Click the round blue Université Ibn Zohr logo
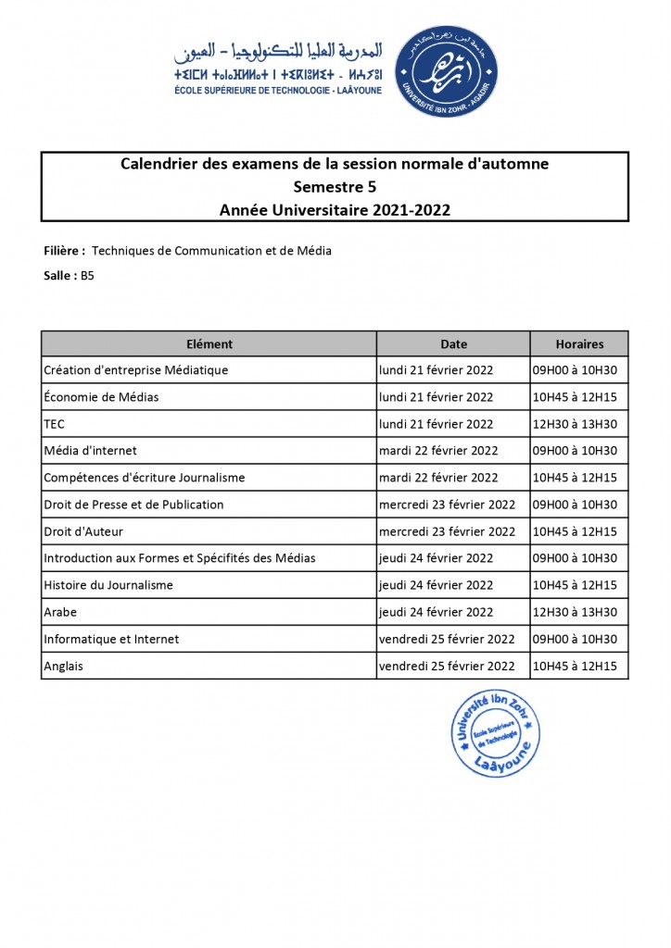coord(446,71)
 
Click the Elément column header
coord(209,343)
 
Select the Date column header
coord(453,343)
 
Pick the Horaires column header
coord(579,343)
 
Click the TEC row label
coord(54,424)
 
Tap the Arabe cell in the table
coord(60,612)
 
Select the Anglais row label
coord(64,666)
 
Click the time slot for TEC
coord(574,424)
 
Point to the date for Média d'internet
coord(438,451)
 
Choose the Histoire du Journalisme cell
coord(108,585)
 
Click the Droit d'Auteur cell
coord(83,531)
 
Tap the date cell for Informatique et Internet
coord(447,639)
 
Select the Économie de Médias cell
coord(101,397)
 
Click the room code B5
coord(87,275)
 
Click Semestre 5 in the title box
coord(335,187)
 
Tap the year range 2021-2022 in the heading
coord(412,210)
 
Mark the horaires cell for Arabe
coord(574,612)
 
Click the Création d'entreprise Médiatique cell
coord(136,370)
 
